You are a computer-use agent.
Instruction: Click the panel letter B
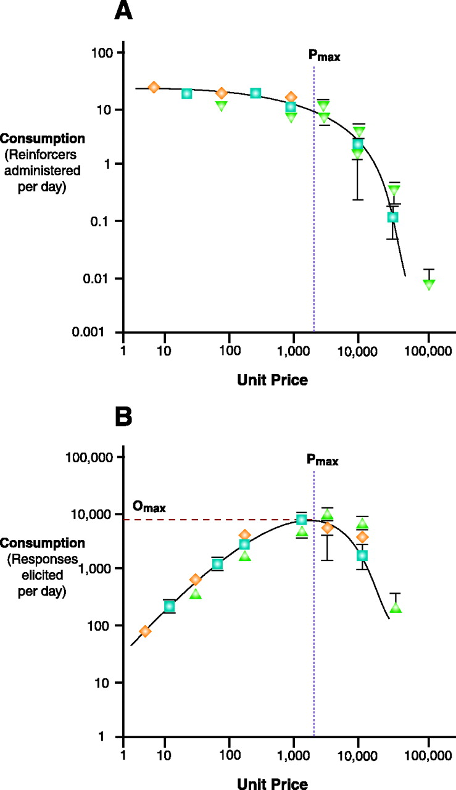tap(128, 418)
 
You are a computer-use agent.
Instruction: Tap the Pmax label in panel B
tap(322, 460)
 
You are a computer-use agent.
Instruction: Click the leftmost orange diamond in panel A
tap(154, 87)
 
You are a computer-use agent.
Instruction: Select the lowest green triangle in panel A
tap(429, 284)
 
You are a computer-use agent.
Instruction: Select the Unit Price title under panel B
tap(272, 782)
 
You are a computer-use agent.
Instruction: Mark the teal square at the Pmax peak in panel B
tap(302, 520)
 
